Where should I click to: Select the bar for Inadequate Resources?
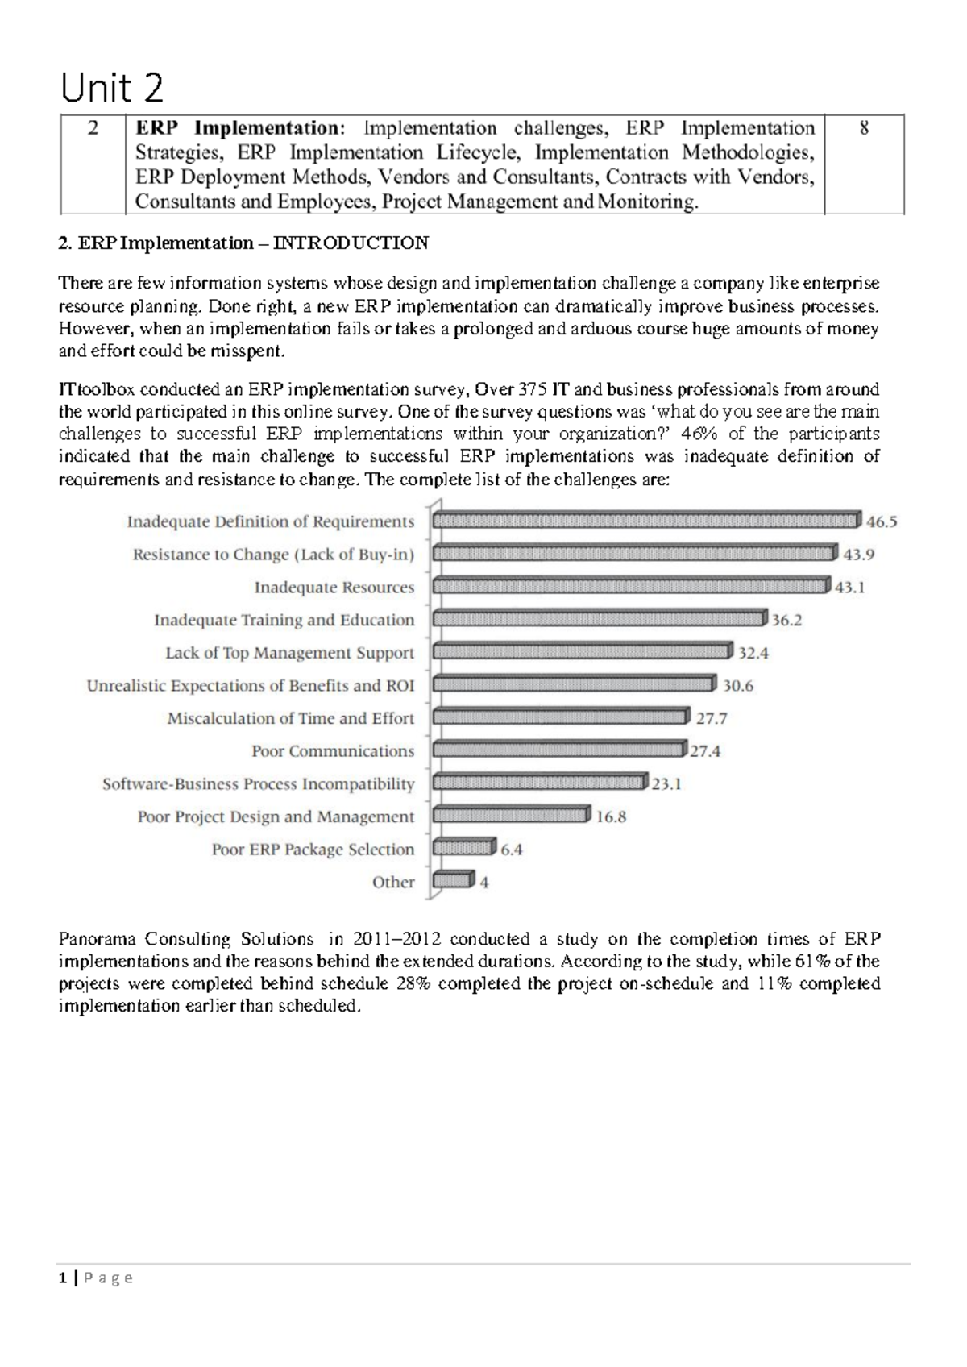coord(631,586)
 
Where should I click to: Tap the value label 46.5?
coord(881,521)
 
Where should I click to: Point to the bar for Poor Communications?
coord(559,750)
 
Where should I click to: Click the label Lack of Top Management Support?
coord(289,653)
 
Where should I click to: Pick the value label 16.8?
coord(611,816)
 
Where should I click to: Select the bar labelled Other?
coord(453,881)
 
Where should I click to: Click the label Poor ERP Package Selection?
coord(313,850)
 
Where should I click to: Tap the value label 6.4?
coord(512,850)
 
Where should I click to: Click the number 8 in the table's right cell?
coord(864,128)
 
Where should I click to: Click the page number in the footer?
coord(64,1278)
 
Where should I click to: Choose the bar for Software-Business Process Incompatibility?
coord(539,782)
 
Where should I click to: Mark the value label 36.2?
coord(786,620)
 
